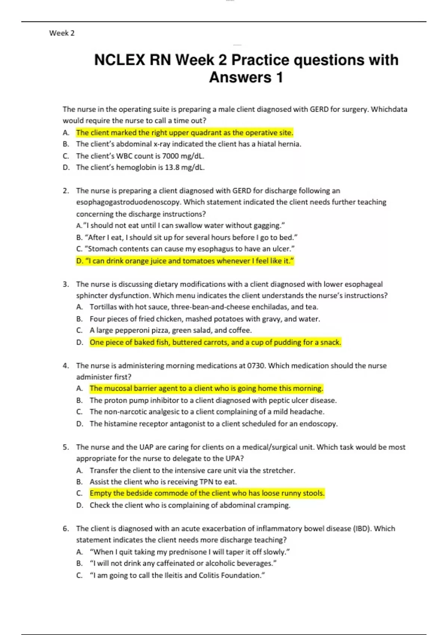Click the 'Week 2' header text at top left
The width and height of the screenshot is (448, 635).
pyautogui.click(x=62, y=33)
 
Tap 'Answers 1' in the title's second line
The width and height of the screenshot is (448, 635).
pyautogui.click(x=246, y=78)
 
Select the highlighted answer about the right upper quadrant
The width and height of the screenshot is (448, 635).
pyautogui.click(x=184, y=133)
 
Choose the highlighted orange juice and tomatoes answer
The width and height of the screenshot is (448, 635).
pyautogui.click(x=185, y=261)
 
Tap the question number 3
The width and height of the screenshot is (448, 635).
pyautogui.click(x=66, y=284)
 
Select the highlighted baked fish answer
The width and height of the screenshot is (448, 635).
pyautogui.click(x=215, y=342)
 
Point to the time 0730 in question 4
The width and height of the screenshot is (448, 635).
pyautogui.click(x=256, y=366)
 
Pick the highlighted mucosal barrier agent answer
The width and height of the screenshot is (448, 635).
pyautogui.click(x=206, y=388)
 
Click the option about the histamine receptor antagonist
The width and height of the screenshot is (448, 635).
pyautogui.click(x=213, y=424)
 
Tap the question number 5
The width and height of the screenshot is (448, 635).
pyautogui.click(x=66, y=447)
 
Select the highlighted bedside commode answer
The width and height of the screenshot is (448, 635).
pyautogui.click(x=207, y=493)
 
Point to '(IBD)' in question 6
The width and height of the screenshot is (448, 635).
pyautogui.click(x=362, y=529)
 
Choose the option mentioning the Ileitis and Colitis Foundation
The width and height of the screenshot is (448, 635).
pyautogui.click(x=177, y=575)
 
